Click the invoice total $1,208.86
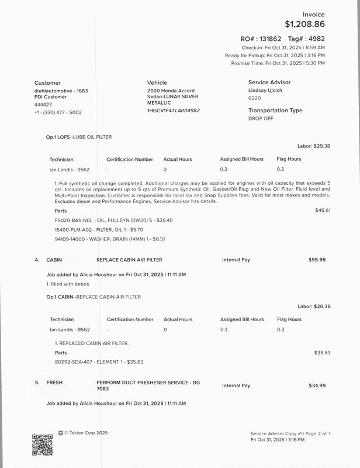(x=304, y=25)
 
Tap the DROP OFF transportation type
(x=261, y=118)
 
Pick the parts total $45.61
(x=323, y=210)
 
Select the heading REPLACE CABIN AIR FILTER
(x=129, y=260)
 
